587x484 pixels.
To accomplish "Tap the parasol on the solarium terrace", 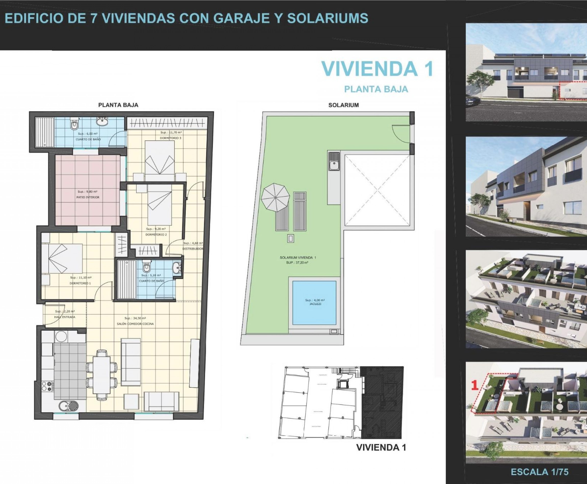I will pos(275,197).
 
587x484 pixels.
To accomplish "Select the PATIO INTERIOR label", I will pos(88,197).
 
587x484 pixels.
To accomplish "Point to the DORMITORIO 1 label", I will pos(80,283).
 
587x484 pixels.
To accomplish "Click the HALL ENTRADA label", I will pos(65,317).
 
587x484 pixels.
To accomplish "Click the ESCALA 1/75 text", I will pos(539,472).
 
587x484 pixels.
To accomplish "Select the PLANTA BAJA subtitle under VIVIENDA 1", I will pos(376,89).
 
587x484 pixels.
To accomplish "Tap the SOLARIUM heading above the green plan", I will pos(343,105).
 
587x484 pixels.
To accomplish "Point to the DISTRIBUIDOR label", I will pos(193,249).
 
